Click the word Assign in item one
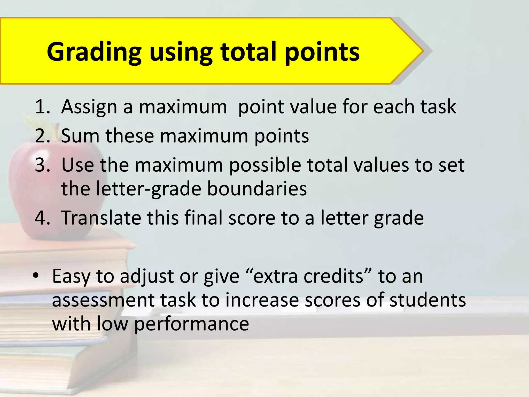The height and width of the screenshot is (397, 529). (x=89, y=106)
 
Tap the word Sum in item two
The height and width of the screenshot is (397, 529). (x=80, y=136)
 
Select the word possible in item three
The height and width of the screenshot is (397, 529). (x=265, y=165)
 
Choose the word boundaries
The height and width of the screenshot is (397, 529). (x=257, y=189)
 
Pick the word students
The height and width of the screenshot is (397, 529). (x=427, y=300)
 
